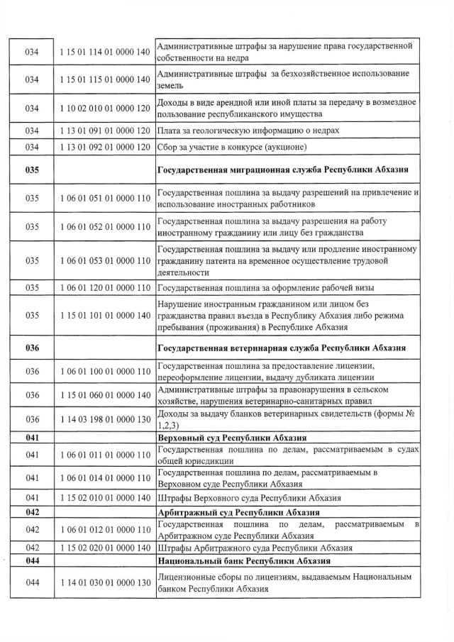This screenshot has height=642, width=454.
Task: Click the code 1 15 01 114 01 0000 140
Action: pos(105,52)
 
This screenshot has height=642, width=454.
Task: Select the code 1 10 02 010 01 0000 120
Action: pos(105,108)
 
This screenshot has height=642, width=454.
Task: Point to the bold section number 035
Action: pos(32,170)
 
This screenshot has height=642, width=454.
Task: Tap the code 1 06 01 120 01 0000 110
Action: pos(105,287)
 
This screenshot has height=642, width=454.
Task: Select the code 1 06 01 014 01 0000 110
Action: pos(105,479)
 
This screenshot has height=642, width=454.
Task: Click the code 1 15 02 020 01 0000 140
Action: pos(105,548)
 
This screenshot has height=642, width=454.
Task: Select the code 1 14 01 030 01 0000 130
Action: pos(105,582)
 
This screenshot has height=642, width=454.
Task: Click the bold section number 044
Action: pos(32,560)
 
